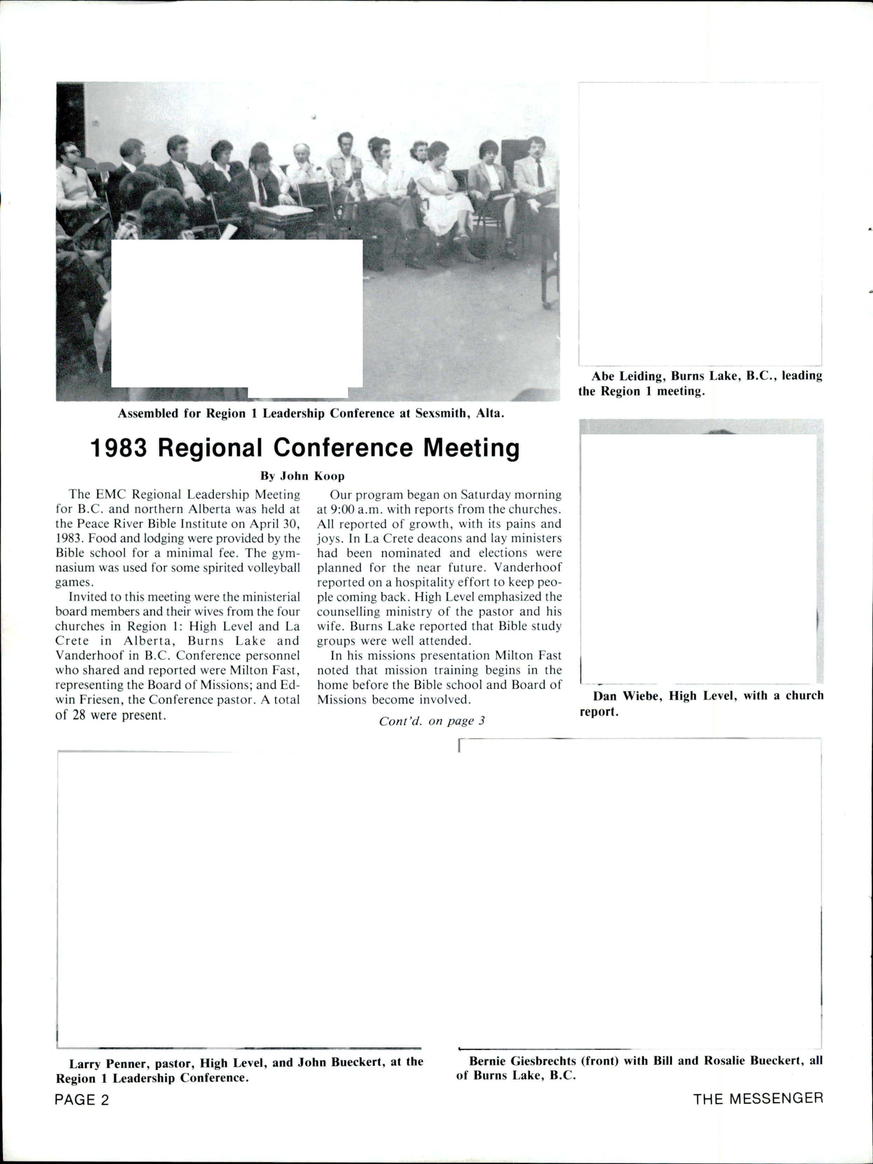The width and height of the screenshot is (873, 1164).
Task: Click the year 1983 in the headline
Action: point(119,448)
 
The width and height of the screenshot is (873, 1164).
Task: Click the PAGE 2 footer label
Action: point(82,1100)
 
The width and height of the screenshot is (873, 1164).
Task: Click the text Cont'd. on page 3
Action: point(431,721)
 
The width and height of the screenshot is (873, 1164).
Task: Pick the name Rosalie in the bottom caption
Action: point(727,1061)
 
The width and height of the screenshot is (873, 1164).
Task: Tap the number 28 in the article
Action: point(79,715)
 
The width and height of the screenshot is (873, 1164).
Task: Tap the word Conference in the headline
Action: point(343,448)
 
